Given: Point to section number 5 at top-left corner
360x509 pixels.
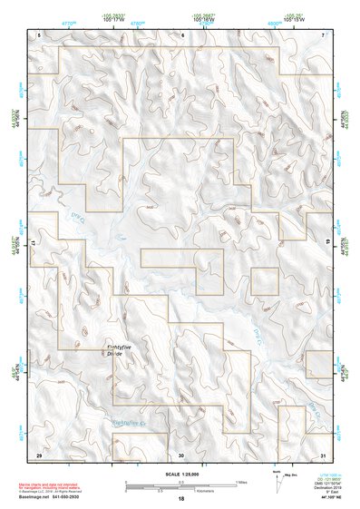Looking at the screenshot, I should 39,34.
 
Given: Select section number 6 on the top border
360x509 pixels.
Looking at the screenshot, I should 182,34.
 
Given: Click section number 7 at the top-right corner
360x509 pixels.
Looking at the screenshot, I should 324,34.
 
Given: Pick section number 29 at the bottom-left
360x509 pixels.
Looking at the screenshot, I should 39,454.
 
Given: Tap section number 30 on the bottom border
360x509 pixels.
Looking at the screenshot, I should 181,454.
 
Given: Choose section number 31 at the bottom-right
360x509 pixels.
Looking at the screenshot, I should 323,454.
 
